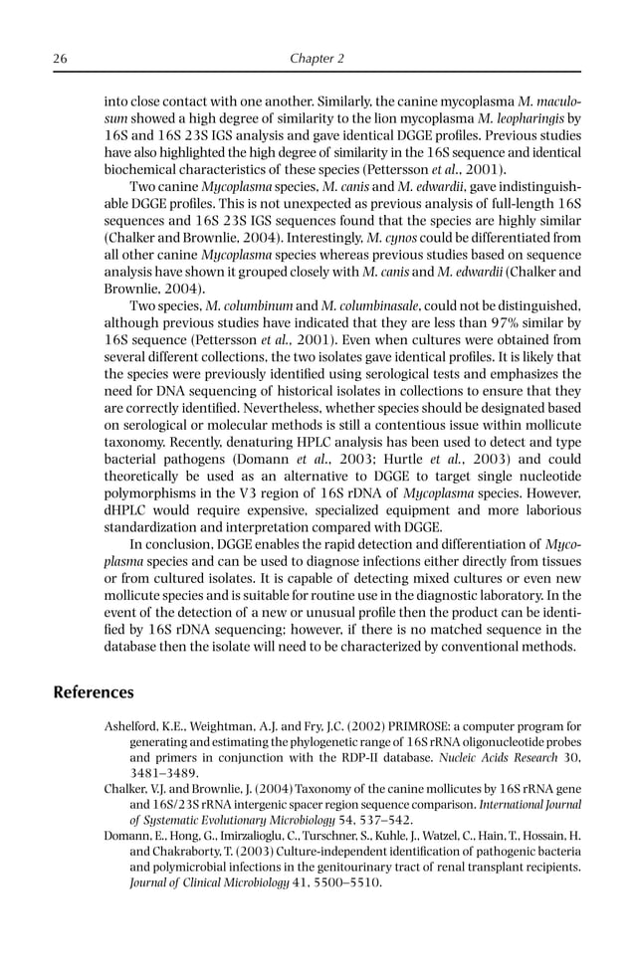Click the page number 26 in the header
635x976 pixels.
(60, 59)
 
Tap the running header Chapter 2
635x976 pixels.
(317, 59)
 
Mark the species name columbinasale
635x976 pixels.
(382, 305)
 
